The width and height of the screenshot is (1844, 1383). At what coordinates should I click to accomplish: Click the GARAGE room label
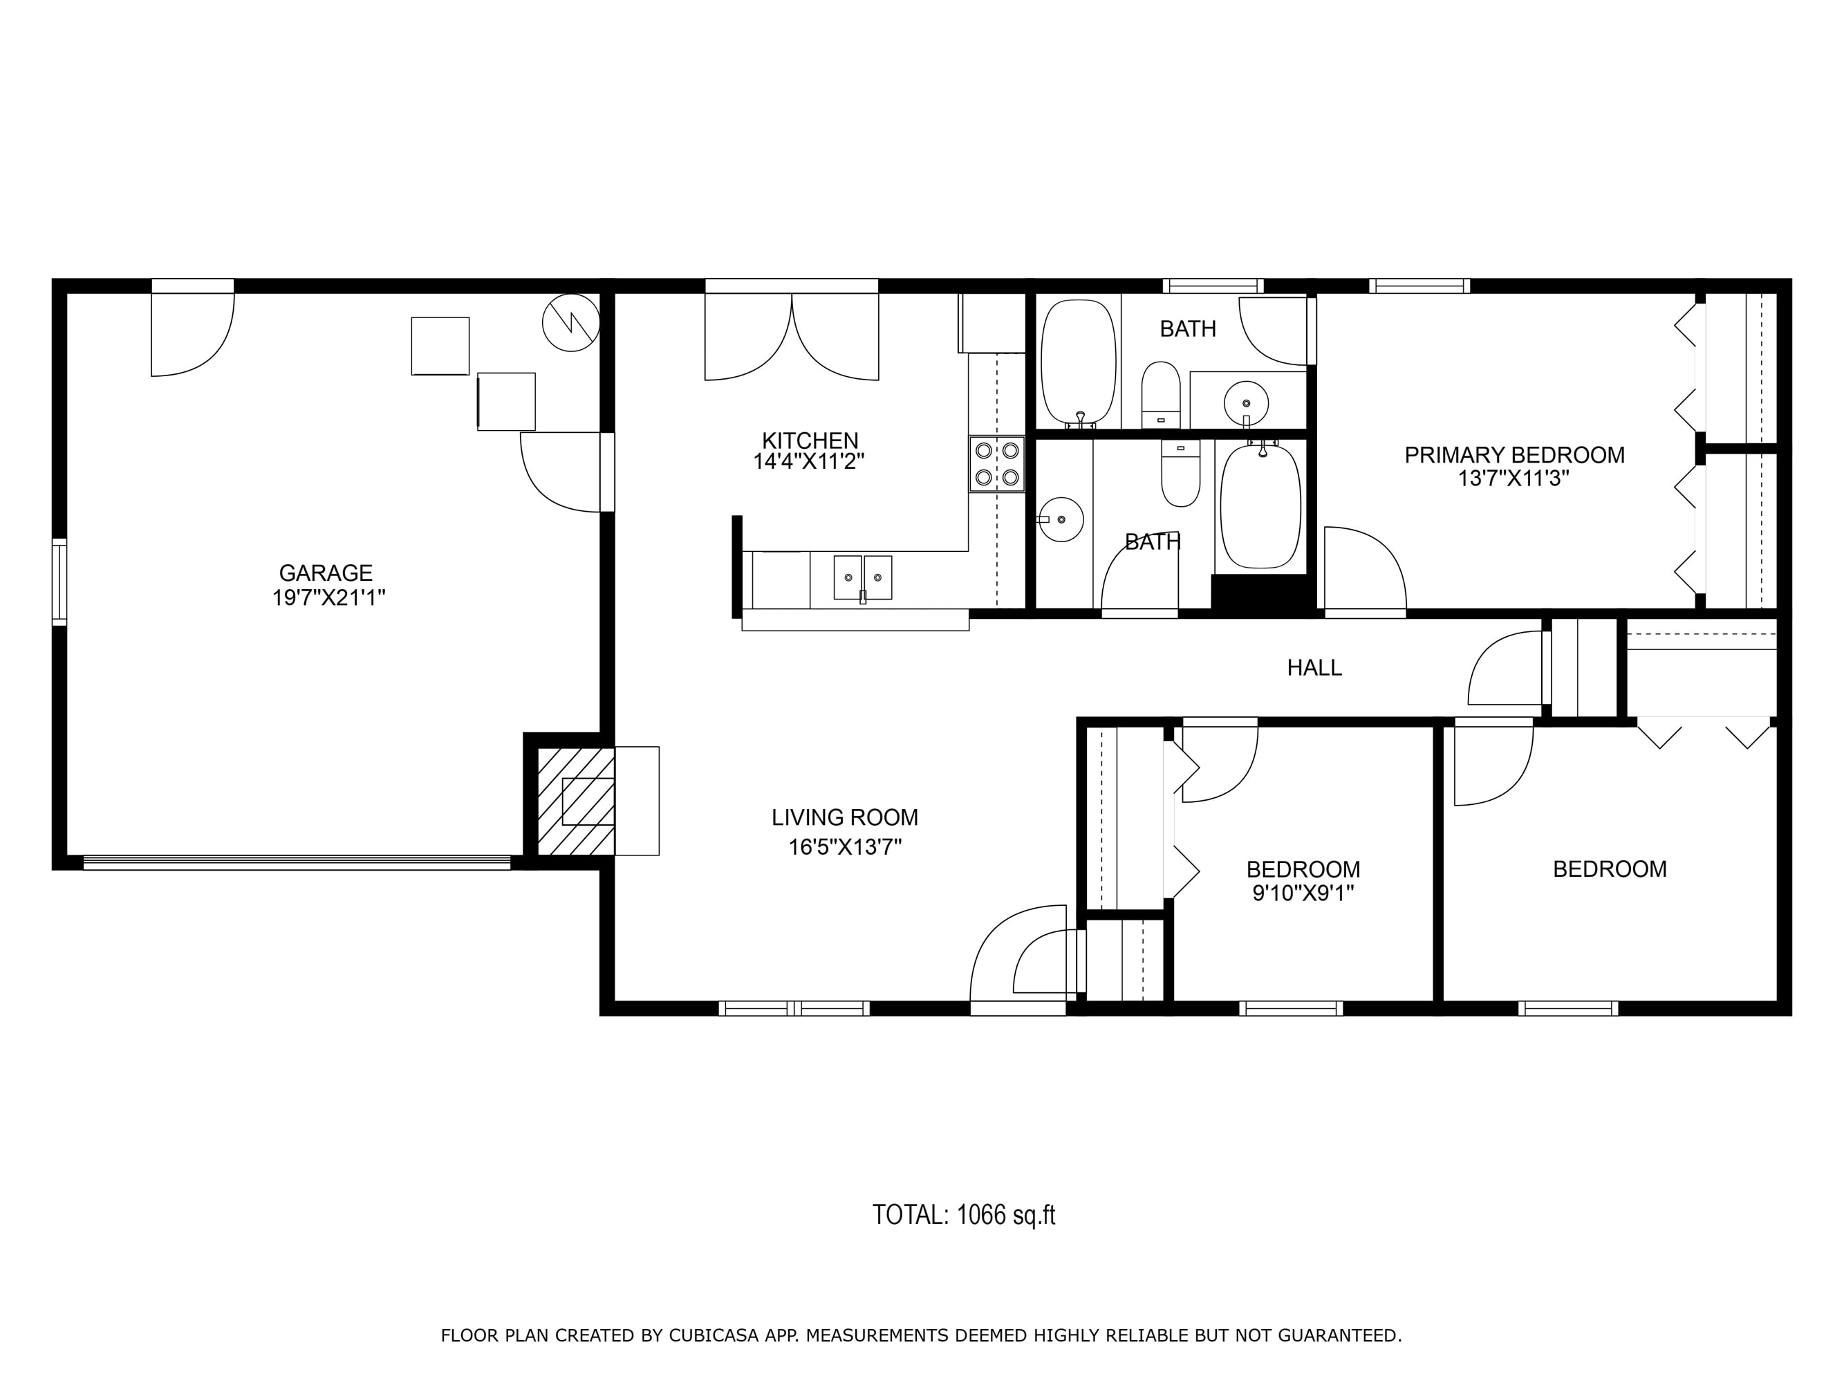tap(325, 573)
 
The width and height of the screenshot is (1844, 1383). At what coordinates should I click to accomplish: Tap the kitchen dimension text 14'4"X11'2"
tap(809, 462)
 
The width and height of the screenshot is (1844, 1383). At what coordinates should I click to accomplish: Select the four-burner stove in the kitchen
tap(996, 463)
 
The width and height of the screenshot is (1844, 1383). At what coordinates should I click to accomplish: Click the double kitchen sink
tap(863, 577)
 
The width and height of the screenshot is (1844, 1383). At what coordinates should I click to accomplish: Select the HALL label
tap(1314, 668)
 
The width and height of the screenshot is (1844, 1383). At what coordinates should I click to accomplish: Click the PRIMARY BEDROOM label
tap(1515, 455)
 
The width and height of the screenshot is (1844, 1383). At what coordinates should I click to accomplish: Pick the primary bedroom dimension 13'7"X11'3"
tap(1514, 479)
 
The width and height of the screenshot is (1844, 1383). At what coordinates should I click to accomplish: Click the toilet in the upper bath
tap(1160, 394)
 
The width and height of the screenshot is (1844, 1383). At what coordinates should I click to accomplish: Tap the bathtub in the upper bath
tap(1079, 362)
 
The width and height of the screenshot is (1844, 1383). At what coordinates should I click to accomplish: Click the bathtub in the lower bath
tap(1260, 507)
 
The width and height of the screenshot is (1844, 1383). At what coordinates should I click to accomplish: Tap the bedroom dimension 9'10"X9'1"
tap(1303, 893)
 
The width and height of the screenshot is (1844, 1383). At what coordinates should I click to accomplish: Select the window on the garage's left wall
tap(59, 582)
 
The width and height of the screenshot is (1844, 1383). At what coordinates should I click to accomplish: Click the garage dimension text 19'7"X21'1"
tap(328, 597)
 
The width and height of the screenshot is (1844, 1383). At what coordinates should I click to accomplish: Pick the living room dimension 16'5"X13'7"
tap(846, 848)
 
